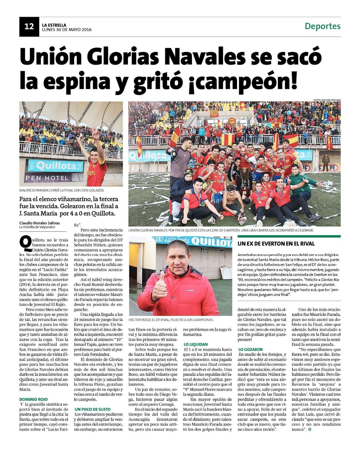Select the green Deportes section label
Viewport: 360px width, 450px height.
[322, 26]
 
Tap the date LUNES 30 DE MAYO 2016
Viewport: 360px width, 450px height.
[67, 30]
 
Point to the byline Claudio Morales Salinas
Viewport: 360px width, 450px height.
[39, 223]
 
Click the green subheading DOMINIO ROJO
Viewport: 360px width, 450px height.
[33, 399]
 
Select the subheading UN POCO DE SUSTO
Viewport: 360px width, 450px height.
[92, 409]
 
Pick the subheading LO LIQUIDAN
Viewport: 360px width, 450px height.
[196, 344]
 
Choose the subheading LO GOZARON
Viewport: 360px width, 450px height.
[250, 349]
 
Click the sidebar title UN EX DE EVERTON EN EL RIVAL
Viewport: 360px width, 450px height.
[276, 244]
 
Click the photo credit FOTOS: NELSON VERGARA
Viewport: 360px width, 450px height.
[327, 100]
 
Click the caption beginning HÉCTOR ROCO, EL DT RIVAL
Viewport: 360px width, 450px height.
[171, 320]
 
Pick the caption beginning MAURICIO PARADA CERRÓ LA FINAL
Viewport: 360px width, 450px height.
[62, 190]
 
